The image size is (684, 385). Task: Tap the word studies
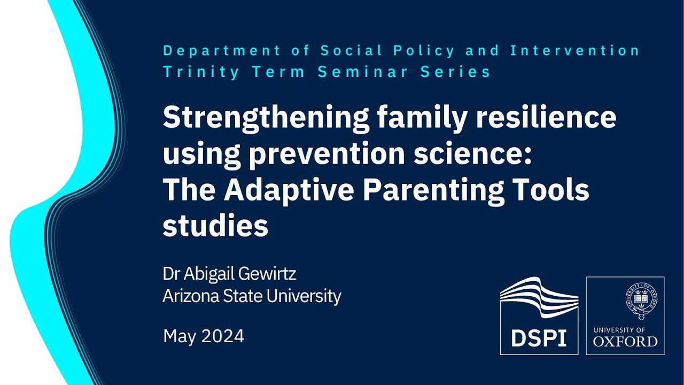click(215, 226)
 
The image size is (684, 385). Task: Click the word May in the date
click(177, 336)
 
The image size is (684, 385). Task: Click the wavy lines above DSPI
click(539, 297)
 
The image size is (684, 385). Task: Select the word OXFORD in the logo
click(625, 341)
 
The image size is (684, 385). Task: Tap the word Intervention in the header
click(575, 51)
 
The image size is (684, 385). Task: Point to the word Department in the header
click(221, 51)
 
